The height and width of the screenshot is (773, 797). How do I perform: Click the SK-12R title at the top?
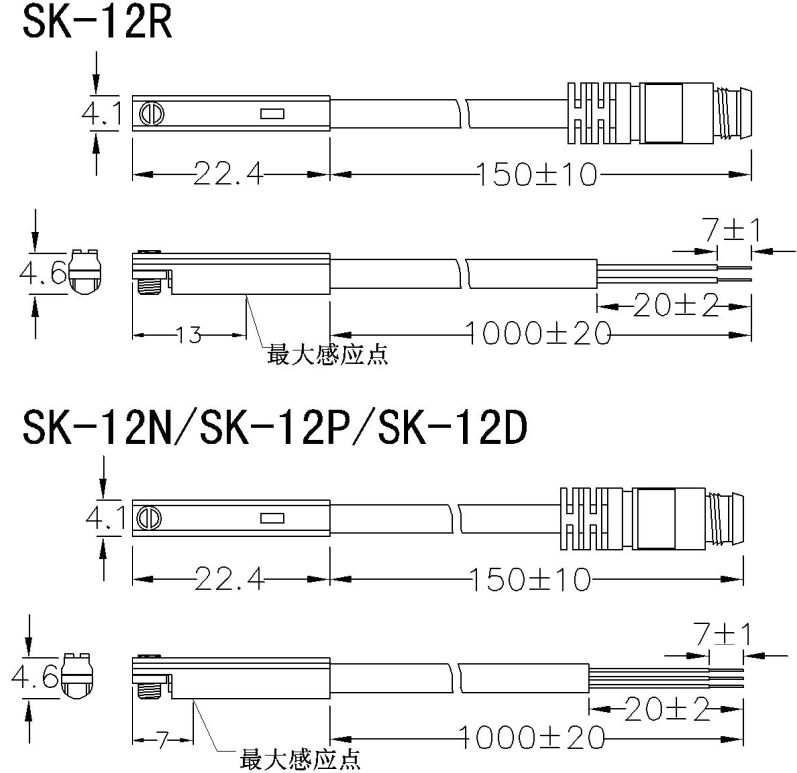click(x=97, y=22)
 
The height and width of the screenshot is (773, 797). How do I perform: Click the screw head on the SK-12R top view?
click(x=151, y=114)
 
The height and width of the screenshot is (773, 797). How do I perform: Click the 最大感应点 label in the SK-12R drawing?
click(x=326, y=353)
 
